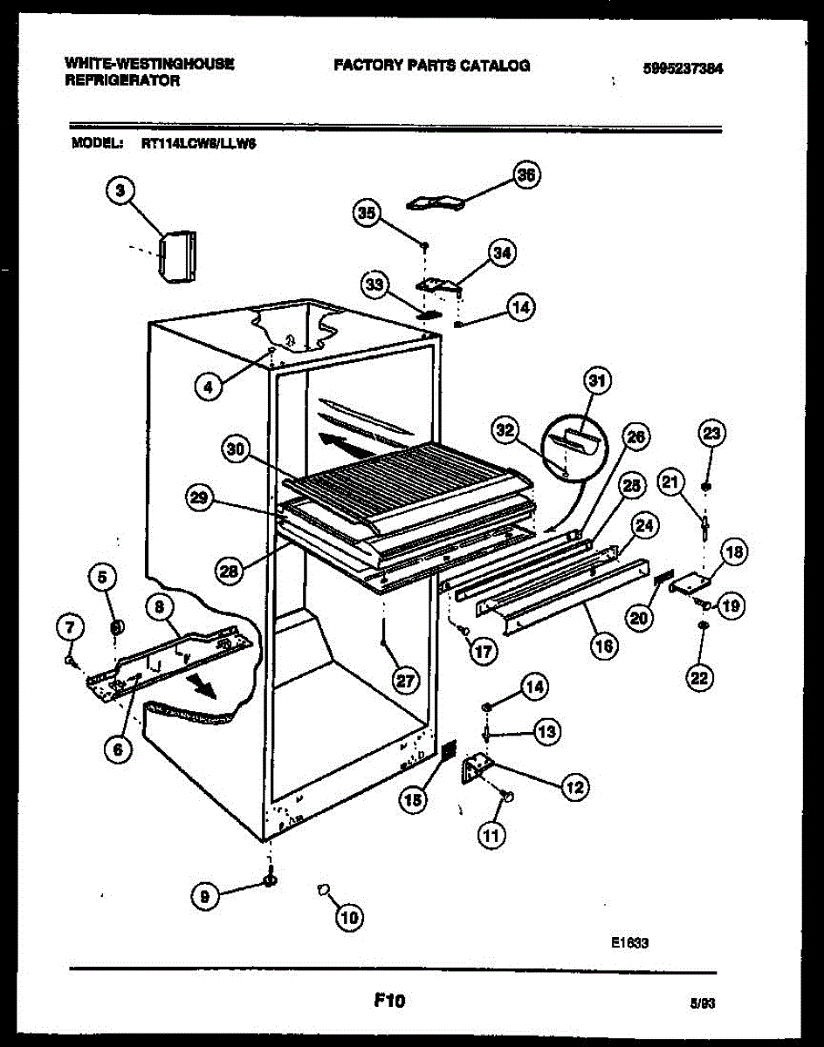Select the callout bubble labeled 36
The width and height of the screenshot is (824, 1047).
[x=525, y=176]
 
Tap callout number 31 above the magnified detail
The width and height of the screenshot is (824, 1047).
[x=597, y=380]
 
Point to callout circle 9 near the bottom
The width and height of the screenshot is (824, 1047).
[x=205, y=895]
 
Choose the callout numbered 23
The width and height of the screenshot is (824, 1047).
[x=712, y=433]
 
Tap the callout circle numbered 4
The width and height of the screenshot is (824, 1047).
[x=208, y=387]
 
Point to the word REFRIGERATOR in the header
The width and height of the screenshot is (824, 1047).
[x=122, y=81]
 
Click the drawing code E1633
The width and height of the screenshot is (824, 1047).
[x=629, y=942]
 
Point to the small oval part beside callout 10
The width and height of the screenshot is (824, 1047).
[x=324, y=889]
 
